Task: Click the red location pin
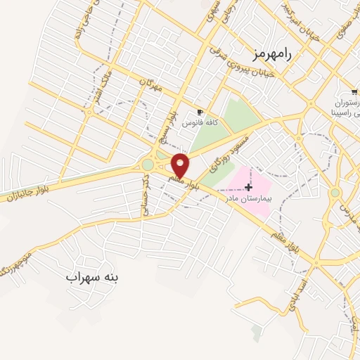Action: [x=181, y=165]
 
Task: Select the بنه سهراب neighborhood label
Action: [x=92, y=277]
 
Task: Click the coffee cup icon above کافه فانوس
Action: [x=200, y=112]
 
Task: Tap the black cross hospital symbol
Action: [x=247, y=186]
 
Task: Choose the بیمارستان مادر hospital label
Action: [x=247, y=198]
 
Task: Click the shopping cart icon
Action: [x=355, y=92]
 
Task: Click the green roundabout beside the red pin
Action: [x=148, y=165]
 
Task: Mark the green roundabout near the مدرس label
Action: [x=335, y=192]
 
